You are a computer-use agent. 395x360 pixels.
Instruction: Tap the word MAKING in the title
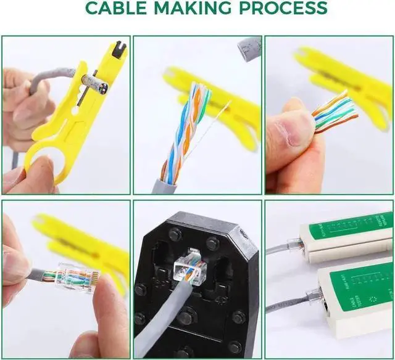(198, 9)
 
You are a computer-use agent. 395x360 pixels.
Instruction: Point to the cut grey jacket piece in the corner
(249, 49)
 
